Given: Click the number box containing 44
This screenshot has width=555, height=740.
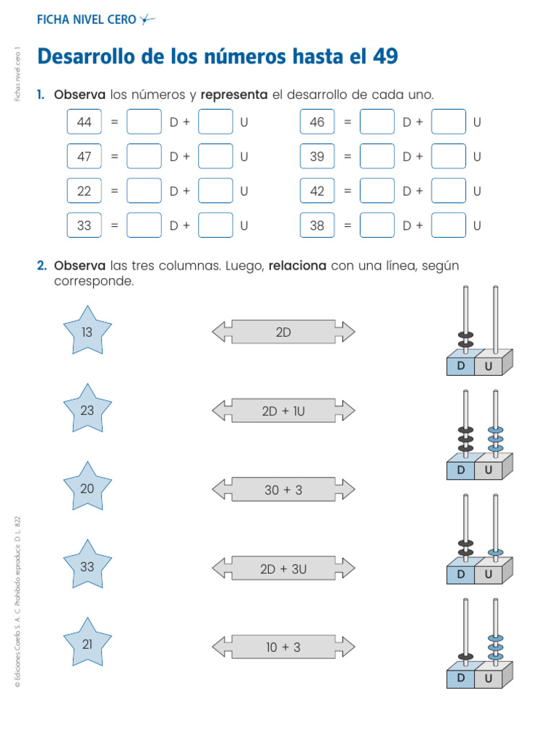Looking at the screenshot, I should [x=85, y=122].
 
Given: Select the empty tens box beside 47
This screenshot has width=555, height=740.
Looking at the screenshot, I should [x=144, y=156].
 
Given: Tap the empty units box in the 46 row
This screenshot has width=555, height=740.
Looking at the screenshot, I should [x=449, y=122].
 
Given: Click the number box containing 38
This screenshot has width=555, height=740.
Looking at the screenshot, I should [x=317, y=225].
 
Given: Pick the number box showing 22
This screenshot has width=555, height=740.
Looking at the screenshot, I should [x=85, y=191].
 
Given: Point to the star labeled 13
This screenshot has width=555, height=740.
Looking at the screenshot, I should [x=87, y=332].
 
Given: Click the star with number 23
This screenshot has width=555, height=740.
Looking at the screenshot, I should [x=87, y=410].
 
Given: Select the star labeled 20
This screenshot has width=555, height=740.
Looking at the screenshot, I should [x=87, y=489].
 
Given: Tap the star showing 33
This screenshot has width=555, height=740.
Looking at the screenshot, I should [x=87, y=567].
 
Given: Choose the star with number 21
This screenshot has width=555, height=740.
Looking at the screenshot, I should [x=87, y=645].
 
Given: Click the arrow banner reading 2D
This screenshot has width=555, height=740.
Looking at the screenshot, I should [x=283, y=332].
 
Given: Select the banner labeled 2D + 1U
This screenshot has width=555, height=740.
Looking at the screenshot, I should [x=283, y=411].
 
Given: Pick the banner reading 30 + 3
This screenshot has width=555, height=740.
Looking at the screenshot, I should [x=283, y=490].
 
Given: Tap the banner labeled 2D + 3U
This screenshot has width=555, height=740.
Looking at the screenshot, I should [x=283, y=569].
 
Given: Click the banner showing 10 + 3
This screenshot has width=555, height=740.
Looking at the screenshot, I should [x=283, y=647].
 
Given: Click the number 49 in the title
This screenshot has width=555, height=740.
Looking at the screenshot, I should [x=384, y=56].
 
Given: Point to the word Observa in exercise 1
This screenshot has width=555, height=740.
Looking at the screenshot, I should [x=79, y=95].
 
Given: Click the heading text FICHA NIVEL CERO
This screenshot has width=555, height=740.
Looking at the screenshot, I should [x=86, y=20].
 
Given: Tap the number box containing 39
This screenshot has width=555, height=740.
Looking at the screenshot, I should [x=317, y=156].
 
